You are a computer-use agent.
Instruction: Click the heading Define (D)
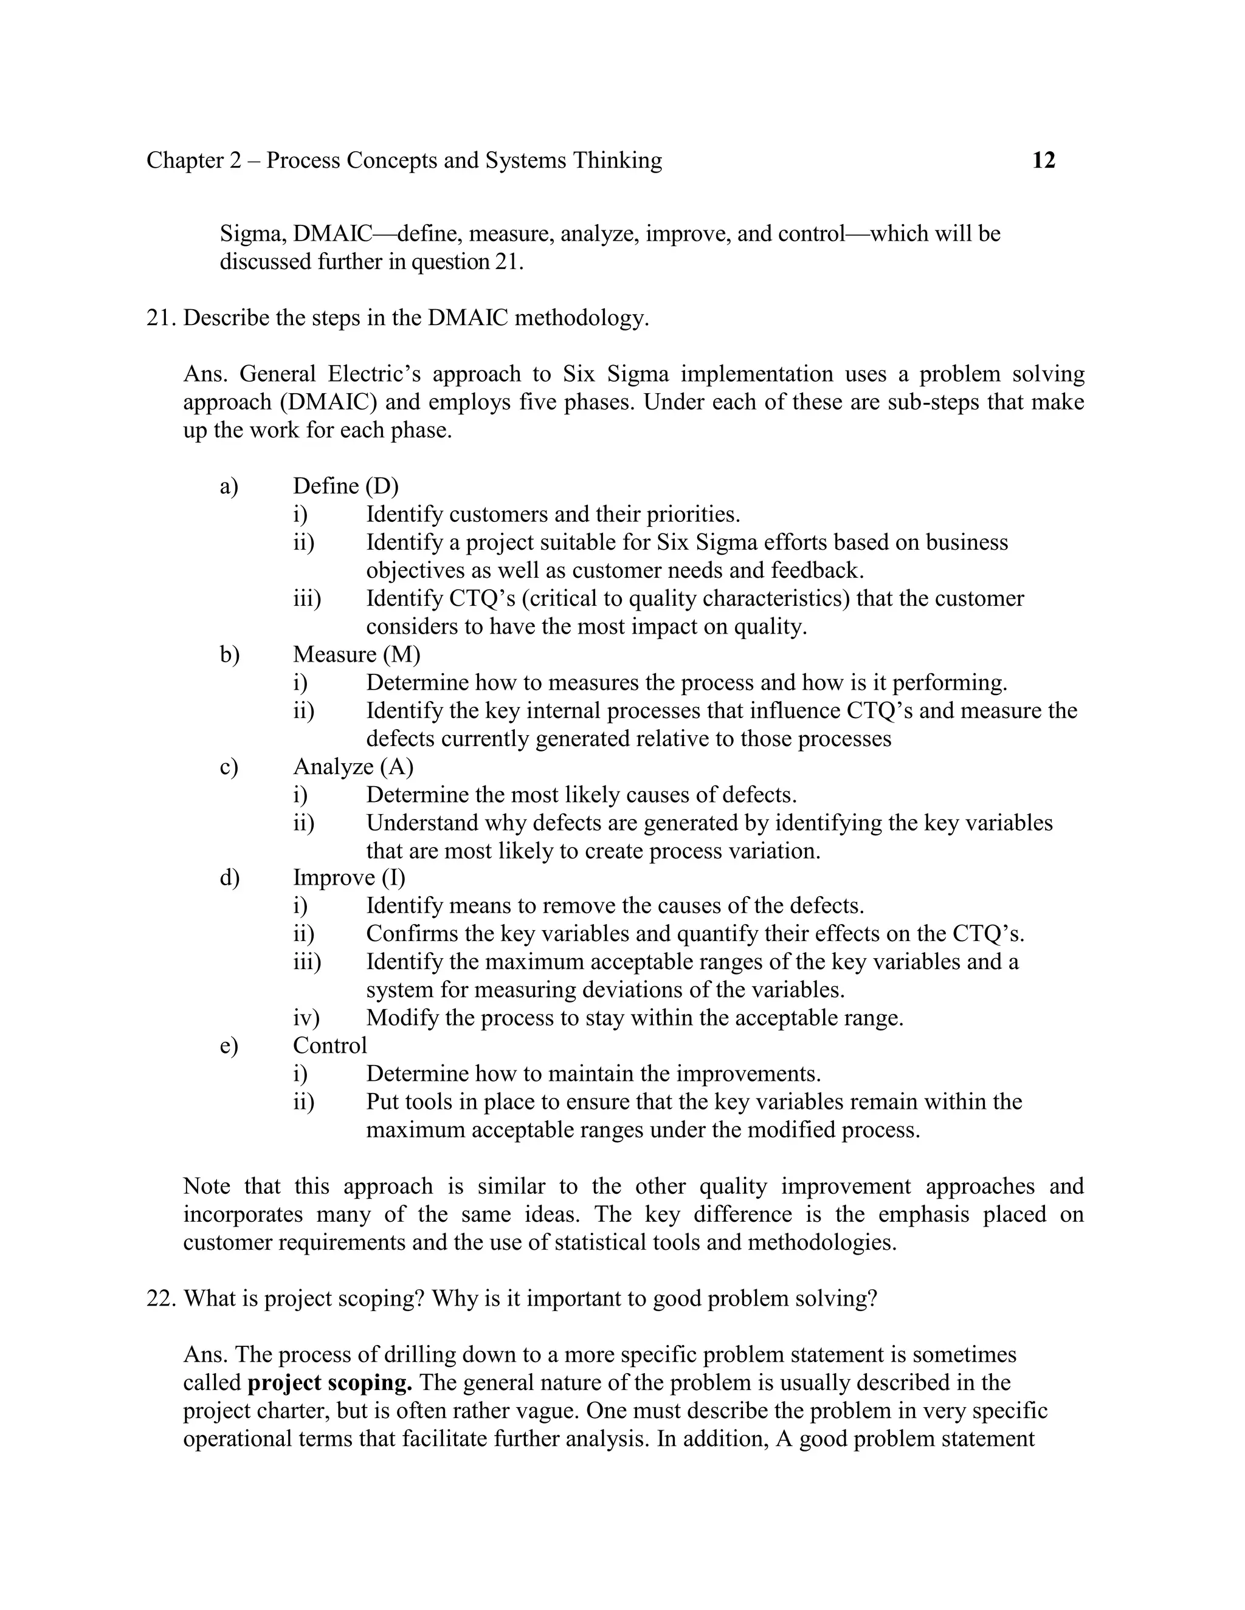pyautogui.click(x=345, y=486)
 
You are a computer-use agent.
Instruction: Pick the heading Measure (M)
pyautogui.click(x=356, y=654)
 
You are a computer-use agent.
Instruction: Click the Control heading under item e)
pyautogui.click(x=329, y=1046)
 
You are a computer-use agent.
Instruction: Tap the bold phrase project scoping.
pyautogui.click(x=329, y=1382)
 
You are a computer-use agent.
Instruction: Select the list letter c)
pyautogui.click(x=229, y=767)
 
